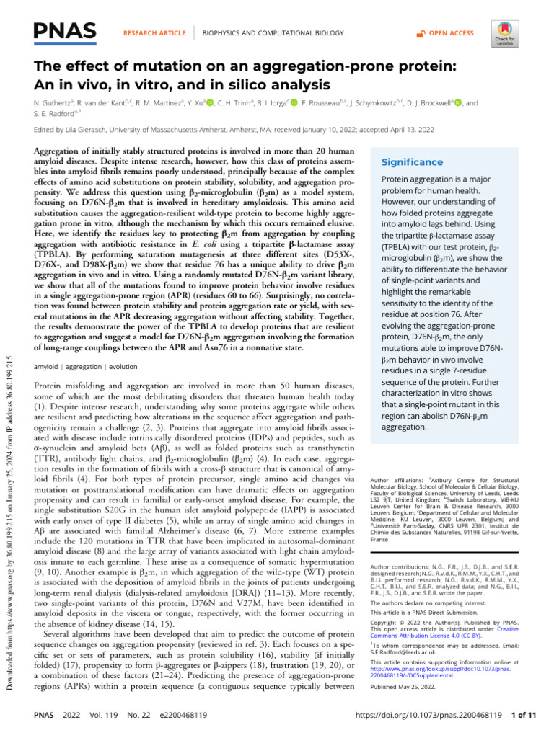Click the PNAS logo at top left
click(x=65, y=31)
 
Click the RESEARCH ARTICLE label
click(x=154, y=33)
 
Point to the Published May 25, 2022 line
click(x=399, y=708)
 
